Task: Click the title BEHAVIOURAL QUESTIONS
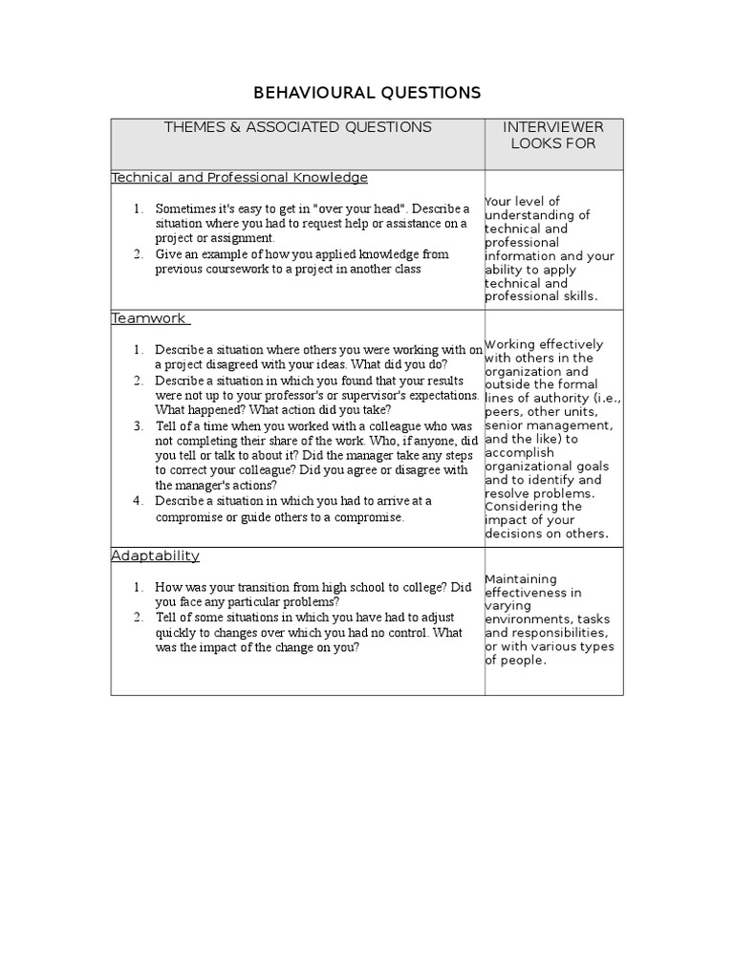tap(367, 93)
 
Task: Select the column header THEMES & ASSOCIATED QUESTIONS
tap(297, 127)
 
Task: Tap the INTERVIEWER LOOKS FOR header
tap(553, 135)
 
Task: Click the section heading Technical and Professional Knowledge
tap(240, 178)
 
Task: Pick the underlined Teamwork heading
tap(150, 318)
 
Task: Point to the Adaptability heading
tap(155, 555)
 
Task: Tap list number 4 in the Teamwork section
tap(138, 501)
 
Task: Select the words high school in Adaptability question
tap(332, 587)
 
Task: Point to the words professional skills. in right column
tap(541, 296)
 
